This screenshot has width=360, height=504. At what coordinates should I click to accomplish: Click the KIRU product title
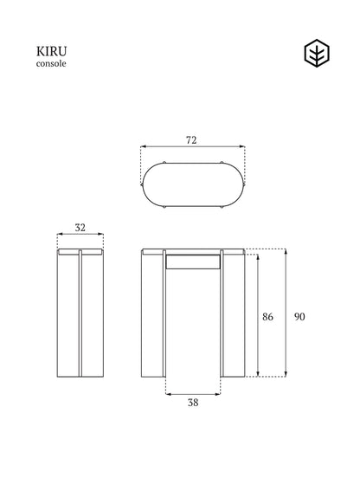[51, 51]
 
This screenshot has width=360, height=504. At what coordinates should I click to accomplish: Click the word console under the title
[51, 63]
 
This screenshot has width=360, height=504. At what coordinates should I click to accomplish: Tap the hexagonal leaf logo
[317, 54]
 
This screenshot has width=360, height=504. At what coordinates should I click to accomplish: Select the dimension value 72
[191, 140]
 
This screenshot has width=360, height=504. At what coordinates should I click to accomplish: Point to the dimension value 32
[80, 228]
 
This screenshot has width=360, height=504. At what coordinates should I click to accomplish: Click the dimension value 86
[267, 317]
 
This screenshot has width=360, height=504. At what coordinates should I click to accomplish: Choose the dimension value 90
[299, 317]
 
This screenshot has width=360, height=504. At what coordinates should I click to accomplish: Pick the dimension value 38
[193, 403]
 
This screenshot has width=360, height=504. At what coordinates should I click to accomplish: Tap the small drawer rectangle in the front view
[193, 262]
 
